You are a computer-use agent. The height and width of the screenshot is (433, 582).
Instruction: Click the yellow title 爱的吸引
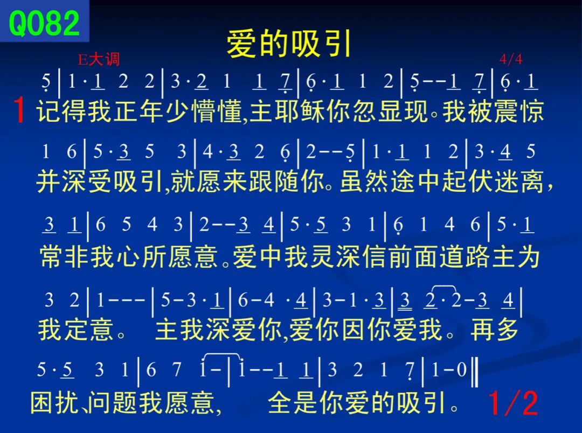tap(289, 44)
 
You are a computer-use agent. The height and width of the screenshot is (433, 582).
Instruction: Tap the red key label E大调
tap(99, 59)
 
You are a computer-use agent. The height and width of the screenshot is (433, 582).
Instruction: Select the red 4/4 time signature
tap(511, 59)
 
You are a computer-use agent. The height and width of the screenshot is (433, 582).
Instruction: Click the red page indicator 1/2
tap(513, 403)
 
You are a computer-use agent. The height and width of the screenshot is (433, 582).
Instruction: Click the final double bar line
tap(474, 371)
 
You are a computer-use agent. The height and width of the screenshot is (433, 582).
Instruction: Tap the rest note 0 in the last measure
tap(461, 369)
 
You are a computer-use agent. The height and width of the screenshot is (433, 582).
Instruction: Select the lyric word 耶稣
tap(300, 111)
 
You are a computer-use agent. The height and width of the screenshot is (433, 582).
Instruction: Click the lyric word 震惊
tap(519, 111)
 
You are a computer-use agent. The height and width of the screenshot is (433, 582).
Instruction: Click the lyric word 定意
tap(88, 329)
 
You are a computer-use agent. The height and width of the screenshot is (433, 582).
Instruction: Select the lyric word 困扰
tap(54, 403)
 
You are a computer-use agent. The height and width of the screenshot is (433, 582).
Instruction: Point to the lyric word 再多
tap(494, 329)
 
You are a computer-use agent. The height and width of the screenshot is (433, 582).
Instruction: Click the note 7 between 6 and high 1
tap(177, 369)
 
